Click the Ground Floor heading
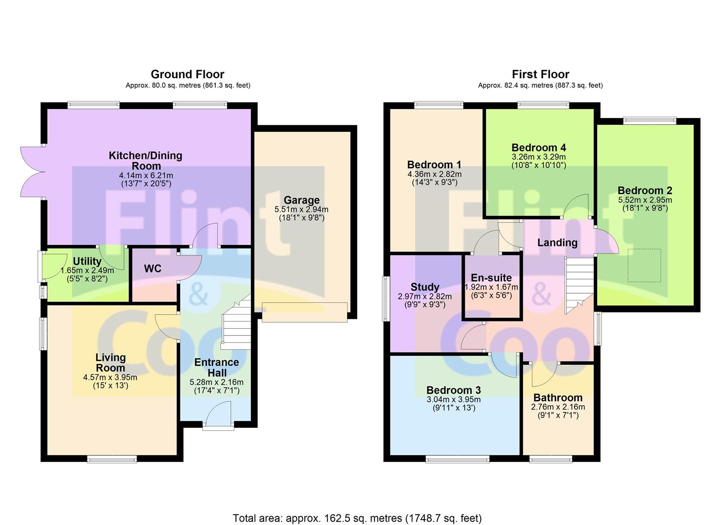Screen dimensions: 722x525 [187, 74]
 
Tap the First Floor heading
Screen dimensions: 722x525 [541, 74]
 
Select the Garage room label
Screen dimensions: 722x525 [301, 200]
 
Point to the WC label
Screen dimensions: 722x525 [153, 268]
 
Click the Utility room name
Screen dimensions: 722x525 [87, 261]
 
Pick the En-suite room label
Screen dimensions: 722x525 [491, 278]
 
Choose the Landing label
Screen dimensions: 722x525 [557, 243]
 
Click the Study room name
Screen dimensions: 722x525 [425, 287]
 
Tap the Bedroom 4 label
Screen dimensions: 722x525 [539, 148]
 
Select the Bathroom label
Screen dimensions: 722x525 [558, 397]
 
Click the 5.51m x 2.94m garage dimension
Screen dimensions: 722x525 [301, 210]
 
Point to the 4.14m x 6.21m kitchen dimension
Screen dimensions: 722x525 [146, 175]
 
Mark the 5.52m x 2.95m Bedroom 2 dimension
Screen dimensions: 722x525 [645, 200]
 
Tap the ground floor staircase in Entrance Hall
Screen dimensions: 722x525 [236, 322]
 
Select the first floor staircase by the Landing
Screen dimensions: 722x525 [579, 285]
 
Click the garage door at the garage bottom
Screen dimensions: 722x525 [304, 312]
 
